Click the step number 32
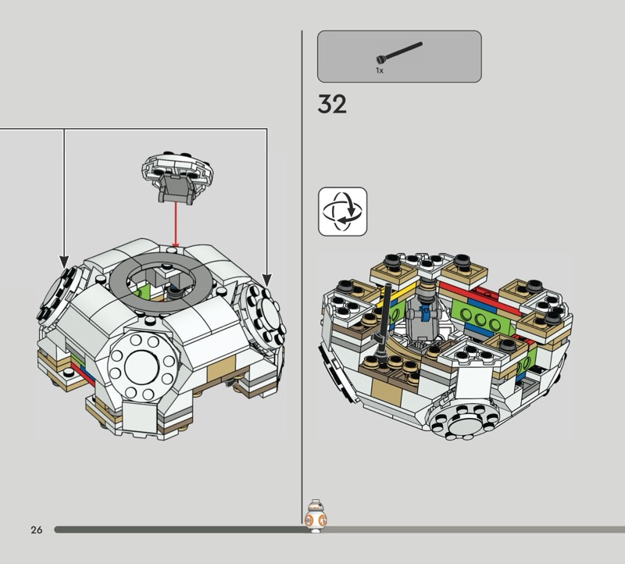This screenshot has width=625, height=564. click(332, 104)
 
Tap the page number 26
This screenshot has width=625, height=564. click(36, 530)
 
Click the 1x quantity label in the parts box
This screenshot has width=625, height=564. click(380, 70)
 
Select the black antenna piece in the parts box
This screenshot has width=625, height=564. click(399, 52)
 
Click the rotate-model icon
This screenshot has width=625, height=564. click(342, 211)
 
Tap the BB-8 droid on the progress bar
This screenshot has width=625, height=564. click(316, 516)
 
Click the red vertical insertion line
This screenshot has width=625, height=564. click(175, 224)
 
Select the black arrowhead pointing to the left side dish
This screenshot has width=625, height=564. click(64, 262)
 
